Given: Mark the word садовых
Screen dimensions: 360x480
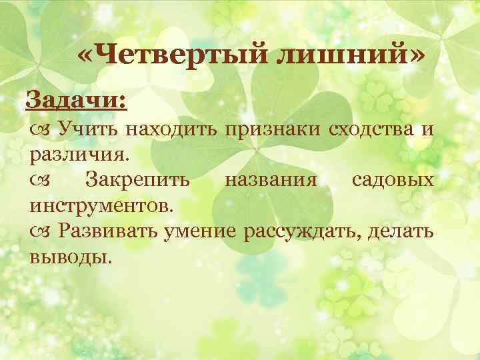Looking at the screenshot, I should [393, 179].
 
